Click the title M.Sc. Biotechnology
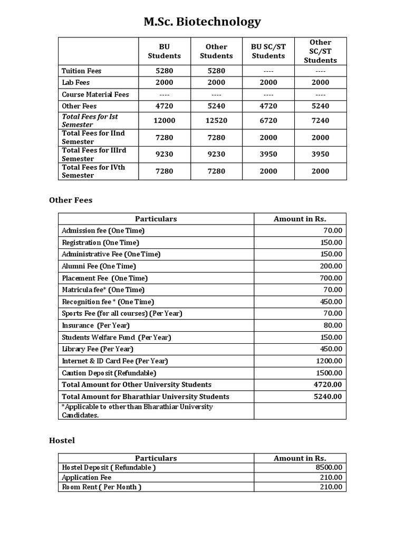202,22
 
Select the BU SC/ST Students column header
268,51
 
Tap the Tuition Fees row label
82,71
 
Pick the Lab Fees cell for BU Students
164,82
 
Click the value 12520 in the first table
216,120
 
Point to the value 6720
268,120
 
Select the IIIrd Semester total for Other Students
216,154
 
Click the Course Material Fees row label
95,94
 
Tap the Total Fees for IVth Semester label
93,171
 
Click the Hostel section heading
62,440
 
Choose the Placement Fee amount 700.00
331,278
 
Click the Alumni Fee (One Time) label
99,266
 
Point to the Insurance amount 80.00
333,325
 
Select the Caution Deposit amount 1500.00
329,373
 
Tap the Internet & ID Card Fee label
115,361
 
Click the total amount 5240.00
328,397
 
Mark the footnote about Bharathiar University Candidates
137,411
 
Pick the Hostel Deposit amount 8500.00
329,467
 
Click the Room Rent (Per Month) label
102,487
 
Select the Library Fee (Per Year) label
98,349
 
